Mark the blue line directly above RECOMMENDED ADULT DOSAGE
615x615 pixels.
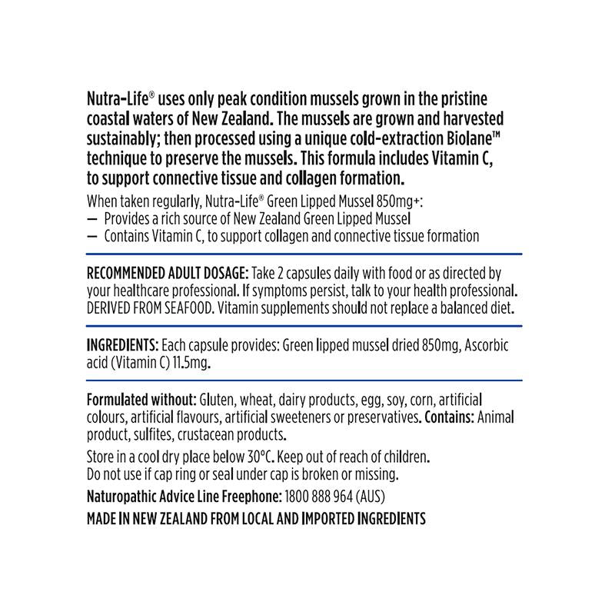(x=304, y=254)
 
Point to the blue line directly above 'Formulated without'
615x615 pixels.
(x=304, y=381)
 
